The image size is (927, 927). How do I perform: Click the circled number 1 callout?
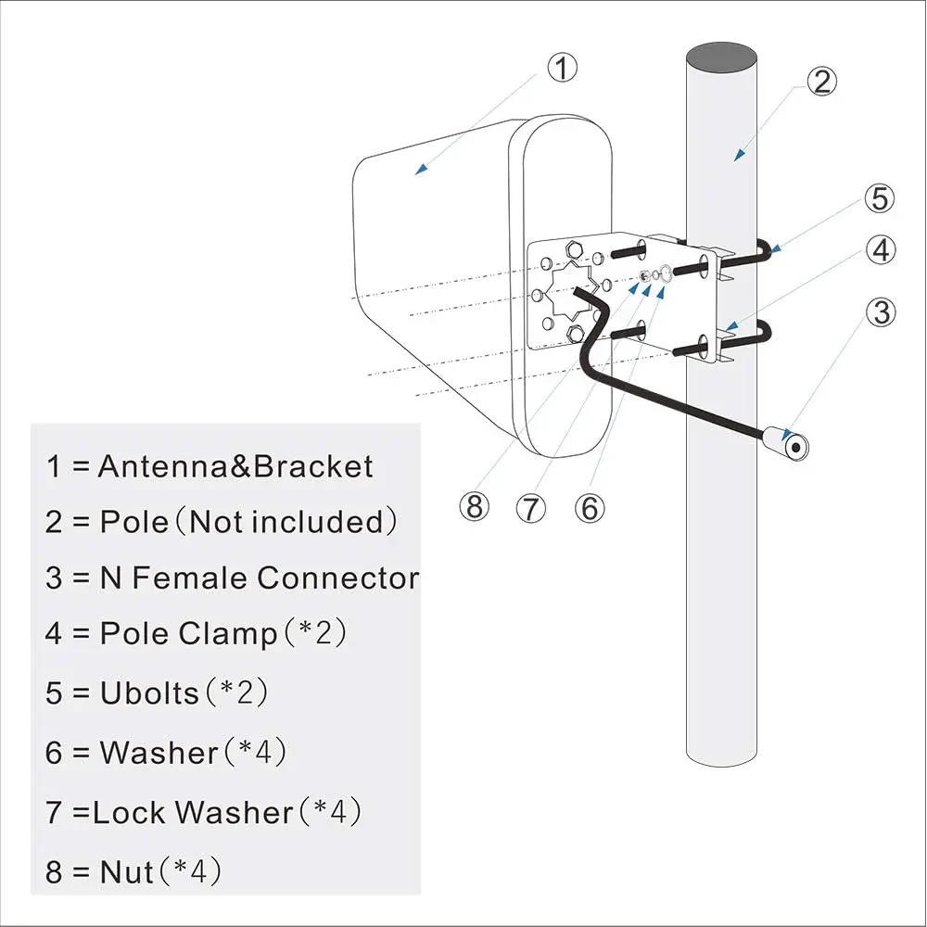pos(563,69)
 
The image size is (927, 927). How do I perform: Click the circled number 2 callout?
pos(821,82)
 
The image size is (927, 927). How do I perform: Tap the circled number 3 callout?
pos(882,312)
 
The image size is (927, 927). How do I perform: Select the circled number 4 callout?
pos(882,250)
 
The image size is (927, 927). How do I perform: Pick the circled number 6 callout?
pos(590,507)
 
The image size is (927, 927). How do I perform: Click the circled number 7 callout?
pos(531,508)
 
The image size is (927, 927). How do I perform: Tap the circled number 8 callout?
pos(474,507)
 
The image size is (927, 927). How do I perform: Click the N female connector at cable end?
pos(792,446)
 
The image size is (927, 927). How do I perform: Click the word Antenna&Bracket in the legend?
pos(235,466)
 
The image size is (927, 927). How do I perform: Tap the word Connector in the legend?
pos(338,578)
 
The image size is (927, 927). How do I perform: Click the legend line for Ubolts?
pos(158,693)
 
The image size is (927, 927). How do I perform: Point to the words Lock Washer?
pos(193,813)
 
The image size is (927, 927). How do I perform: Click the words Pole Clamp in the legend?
pos(188,635)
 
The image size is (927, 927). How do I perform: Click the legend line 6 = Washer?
pos(167,753)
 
